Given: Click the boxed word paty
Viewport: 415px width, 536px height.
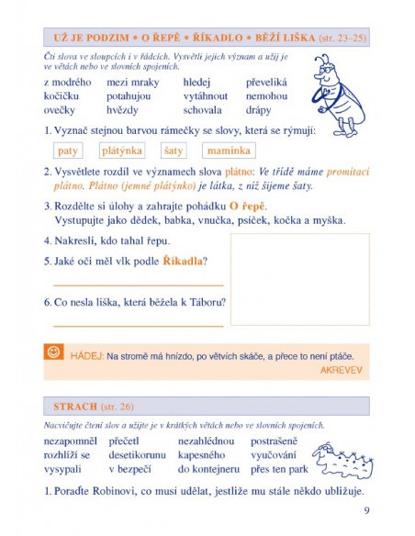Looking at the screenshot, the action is pyautogui.click(x=67, y=150).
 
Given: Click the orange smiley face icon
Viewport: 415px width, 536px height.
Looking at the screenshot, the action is pyautogui.click(x=54, y=352).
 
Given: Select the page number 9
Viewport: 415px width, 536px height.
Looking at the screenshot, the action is pyautogui.click(x=366, y=511).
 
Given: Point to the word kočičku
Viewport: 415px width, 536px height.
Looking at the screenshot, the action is pyautogui.click(x=64, y=95).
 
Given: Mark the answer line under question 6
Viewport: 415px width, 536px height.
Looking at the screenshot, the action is pyautogui.click(x=138, y=325).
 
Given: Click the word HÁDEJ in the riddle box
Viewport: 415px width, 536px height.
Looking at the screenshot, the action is pyautogui.click(x=85, y=353).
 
